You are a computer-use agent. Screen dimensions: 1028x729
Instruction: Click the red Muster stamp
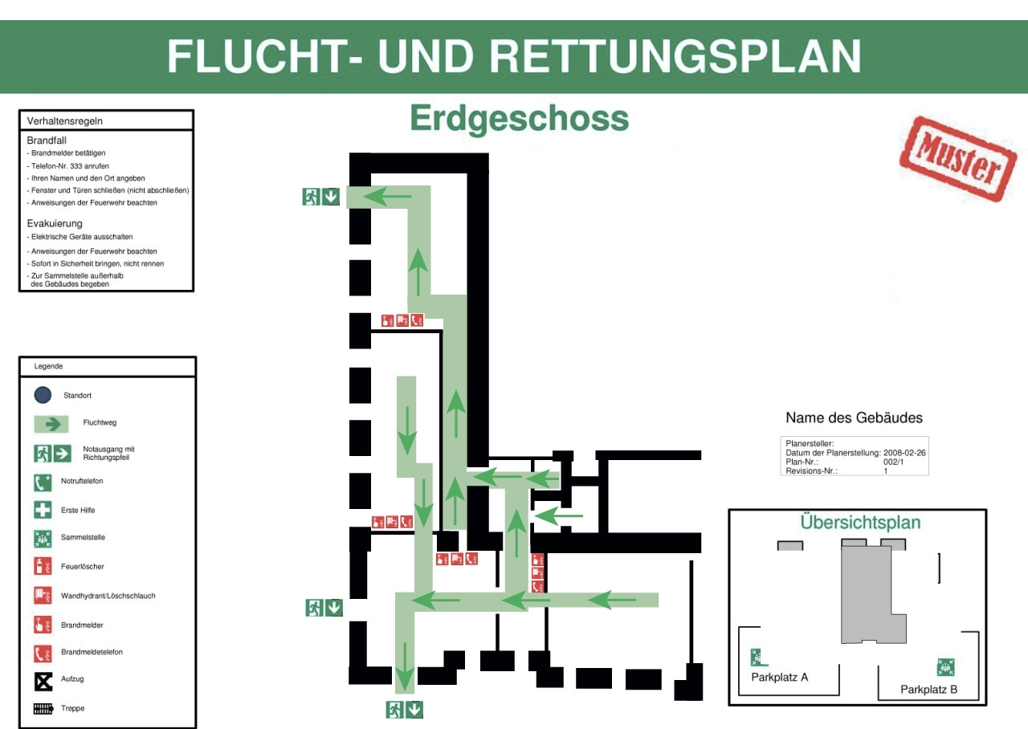pyautogui.click(x=958, y=159)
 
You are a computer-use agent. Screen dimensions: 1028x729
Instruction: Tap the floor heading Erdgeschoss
pyautogui.click(x=519, y=119)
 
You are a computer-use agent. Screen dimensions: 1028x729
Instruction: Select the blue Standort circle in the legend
pyautogui.click(x=43, y=395)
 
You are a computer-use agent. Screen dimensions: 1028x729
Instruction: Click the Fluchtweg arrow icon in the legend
pyautogui.click(x=51, y=424)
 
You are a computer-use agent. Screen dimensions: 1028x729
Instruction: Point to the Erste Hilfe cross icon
pyautogui.click(x=43, y=510)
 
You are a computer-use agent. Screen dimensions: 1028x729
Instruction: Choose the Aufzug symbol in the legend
pyautogui.click(x=43, y=682)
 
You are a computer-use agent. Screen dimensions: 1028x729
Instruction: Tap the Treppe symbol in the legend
pyautogui.click(x=43, y=709)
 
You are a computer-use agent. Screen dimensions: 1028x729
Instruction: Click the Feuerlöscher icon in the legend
pyautogui.click(x=43, y=566)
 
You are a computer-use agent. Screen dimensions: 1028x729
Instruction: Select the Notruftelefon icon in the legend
pyautogui.click(x=43, y=483)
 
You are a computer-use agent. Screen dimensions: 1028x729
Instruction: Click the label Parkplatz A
pyautogui.click(x=779, y=677)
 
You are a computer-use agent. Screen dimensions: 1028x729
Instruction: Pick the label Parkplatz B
pyautogui.click(x=928, y=690)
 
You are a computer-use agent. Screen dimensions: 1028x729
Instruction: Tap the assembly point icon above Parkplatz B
pyautogui.click(x=945, y=667)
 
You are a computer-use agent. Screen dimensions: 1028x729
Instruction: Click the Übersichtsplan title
pyautogui.click(x=860, y=523)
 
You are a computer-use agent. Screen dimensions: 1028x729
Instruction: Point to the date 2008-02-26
pyautogui.click(x=904, y=453)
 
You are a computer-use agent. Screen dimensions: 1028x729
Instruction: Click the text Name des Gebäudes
pyautogui.click(x=854, y=417)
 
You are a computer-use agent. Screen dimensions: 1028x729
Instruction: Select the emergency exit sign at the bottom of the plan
pyautogui.click(x=404, y=710)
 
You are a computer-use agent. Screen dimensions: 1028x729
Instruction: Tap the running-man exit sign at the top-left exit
pyautogui.click(x=311, y=197)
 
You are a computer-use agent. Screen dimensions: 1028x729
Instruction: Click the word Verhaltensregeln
pyautogui.click(x=65, y=121)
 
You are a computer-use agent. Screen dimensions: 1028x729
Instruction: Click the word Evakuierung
pyautogui.click(x=55, y=223)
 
